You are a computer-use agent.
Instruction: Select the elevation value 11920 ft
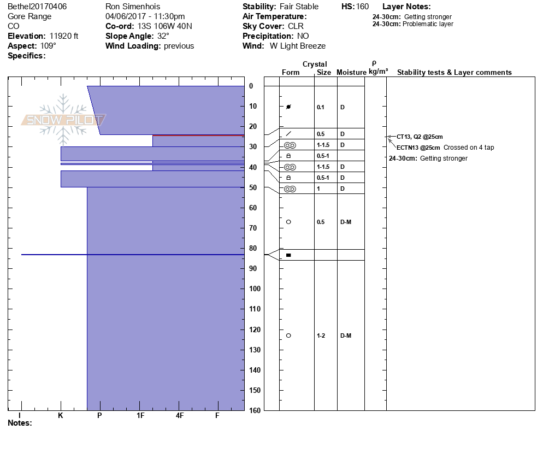tap(64, 36)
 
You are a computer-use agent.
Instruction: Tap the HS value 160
tap(362, 7)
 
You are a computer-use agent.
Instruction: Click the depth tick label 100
tap(255, 289)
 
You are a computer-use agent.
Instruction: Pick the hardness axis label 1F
tap(140, 416)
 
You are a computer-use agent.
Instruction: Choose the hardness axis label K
tap(61, 416)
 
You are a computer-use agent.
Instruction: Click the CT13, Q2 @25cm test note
tap(420, 137)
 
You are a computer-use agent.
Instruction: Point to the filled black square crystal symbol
tap(288, 255)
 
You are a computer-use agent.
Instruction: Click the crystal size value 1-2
tap(321, 336)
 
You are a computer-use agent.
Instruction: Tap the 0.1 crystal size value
tap(321, 107)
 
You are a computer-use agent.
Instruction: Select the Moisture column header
tap(351, 73)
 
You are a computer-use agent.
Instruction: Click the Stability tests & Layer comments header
tap(454, 73)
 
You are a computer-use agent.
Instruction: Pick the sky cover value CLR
tap(296, 26)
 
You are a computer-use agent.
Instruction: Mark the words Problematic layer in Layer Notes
tap(428, 24)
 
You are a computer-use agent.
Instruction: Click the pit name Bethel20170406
tap(37, 7)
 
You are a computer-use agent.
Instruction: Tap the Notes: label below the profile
tap(20, 423)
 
